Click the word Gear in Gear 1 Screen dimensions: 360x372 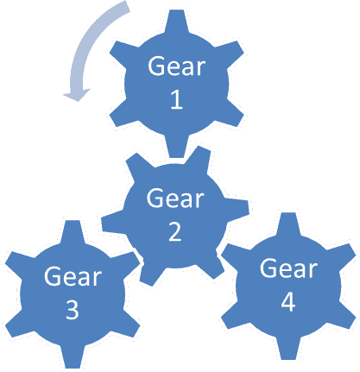[177, 66]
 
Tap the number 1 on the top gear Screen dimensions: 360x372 [177, 99]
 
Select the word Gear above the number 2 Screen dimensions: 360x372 [175, 198]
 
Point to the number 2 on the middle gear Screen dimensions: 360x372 [175, 231]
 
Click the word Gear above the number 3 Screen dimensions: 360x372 [73, 276]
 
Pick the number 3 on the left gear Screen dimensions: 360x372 [73, 310]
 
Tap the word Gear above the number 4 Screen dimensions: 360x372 [288, 268]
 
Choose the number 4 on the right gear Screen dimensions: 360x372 [288, 301]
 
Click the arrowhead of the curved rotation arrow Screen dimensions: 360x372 [77, 94]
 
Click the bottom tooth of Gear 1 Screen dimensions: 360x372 [177, 146]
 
